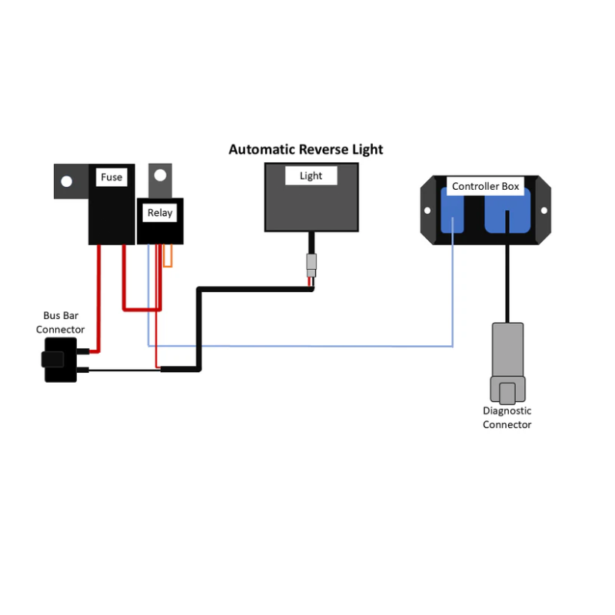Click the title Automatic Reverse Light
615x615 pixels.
(305, 149)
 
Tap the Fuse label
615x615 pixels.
(111, 178)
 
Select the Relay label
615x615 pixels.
(160, 213)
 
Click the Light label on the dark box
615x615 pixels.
(311, 176)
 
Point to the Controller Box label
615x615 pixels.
(485, 187)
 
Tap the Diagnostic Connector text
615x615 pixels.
(507, 417)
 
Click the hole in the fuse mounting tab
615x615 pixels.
(66, 181)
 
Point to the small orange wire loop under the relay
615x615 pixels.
(168, 257)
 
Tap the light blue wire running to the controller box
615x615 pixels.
(307, 346)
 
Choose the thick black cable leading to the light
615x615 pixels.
(254, 289)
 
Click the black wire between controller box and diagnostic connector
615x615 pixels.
(507, 284)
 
